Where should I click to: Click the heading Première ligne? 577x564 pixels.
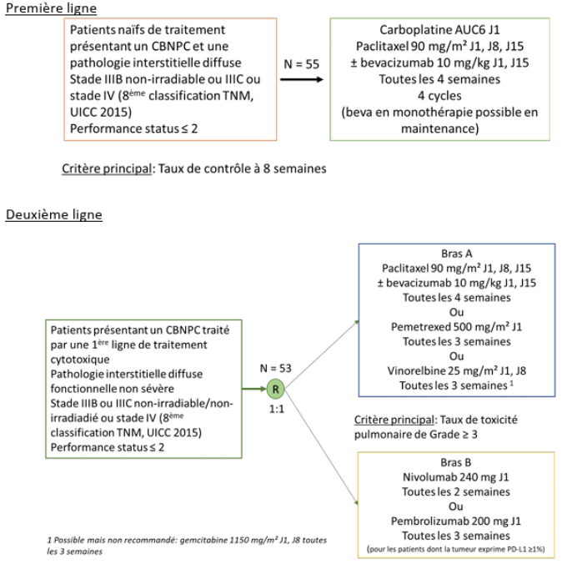coord(51,8)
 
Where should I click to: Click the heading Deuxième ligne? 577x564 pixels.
coord(53,214)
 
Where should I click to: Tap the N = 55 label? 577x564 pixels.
coord(301,64)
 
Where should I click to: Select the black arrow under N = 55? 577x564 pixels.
coord(301,79)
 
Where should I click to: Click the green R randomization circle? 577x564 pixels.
coord(276,389)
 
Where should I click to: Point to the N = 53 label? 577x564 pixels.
coord(276,368)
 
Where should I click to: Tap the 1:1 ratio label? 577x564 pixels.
coord(277,409)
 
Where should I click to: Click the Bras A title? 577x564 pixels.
coord(457,254)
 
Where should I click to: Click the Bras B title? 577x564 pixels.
coord(456,462)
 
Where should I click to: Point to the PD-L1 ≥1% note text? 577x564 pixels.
coord(455,549)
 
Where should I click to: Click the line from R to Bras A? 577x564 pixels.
coord(321,355)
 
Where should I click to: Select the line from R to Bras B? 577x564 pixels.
coord(321,447)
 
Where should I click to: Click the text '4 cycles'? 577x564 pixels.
coord(439,96)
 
